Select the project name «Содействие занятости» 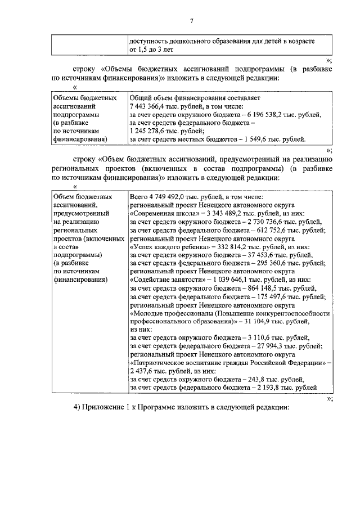[x=167, y=280]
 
